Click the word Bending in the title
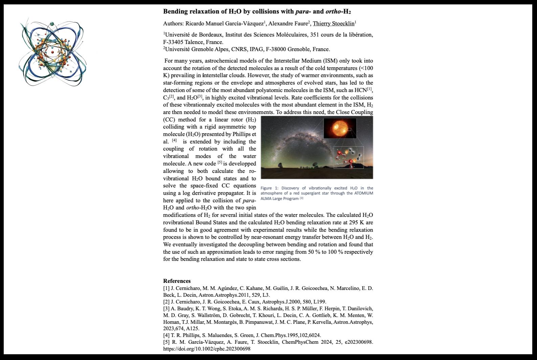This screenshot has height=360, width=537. [175, 12]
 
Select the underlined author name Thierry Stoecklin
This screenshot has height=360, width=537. [334, 24]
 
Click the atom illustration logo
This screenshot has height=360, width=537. [53, 52]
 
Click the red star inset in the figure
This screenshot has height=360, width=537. [340, 128]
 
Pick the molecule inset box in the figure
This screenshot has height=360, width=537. [348, 157]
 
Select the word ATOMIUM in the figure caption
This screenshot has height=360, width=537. [364, 193]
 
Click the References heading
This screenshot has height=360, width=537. [177, 281]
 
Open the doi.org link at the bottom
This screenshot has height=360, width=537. [207, 349]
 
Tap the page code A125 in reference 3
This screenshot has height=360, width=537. [192, 329]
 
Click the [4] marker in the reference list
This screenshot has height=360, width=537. [166, 335]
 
